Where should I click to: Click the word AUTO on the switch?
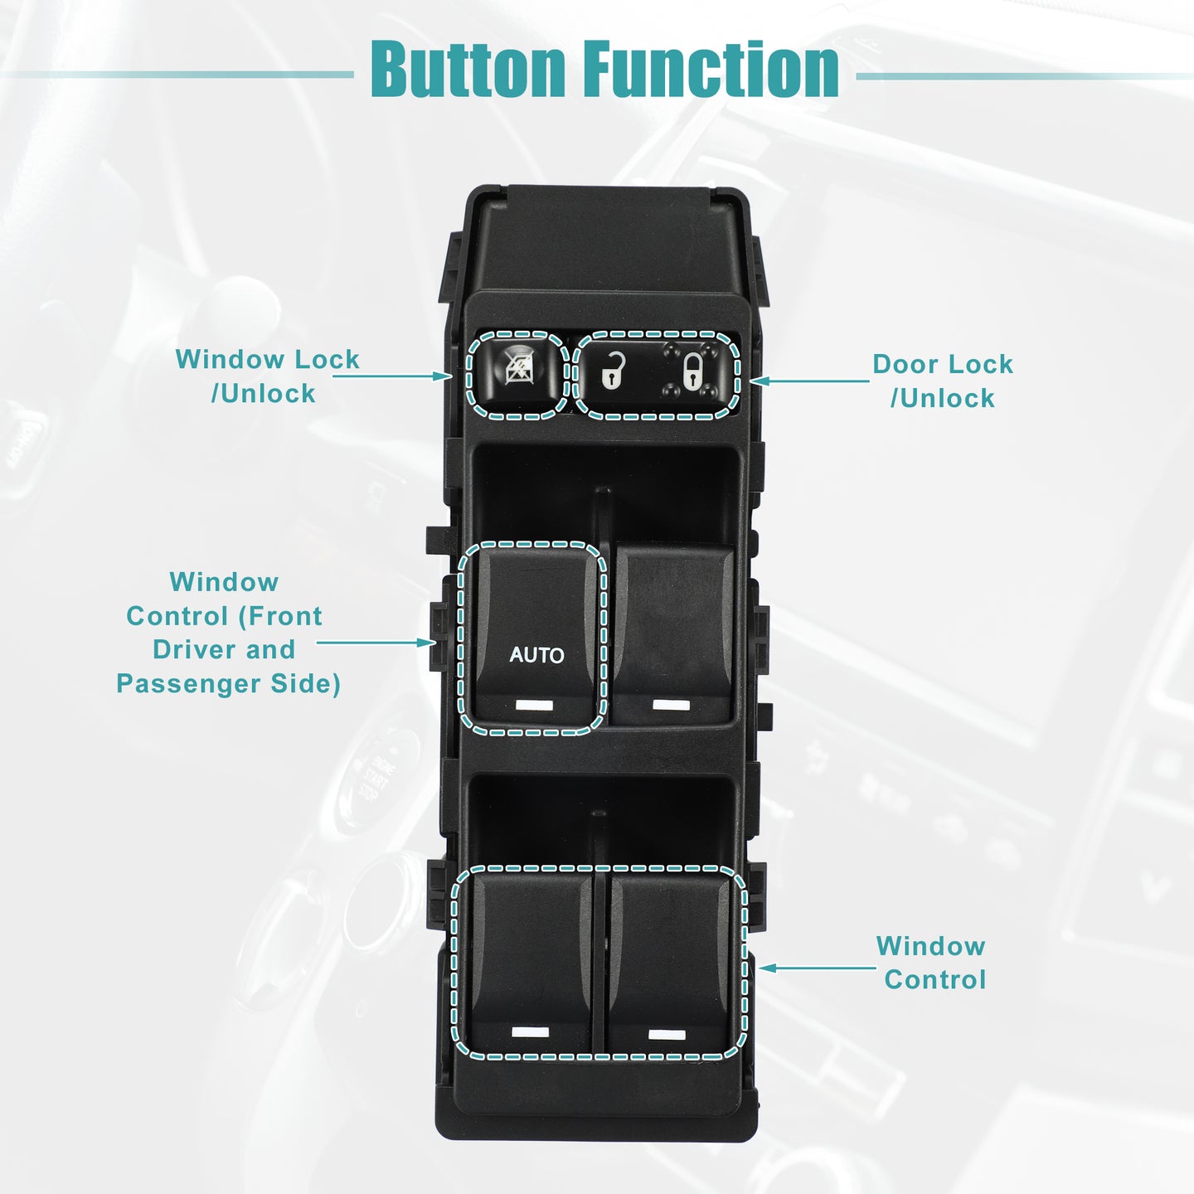point(536,655)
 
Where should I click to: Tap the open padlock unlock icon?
point(613,371)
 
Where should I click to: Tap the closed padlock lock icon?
point(692,371)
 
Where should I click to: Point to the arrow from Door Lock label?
point(809,381)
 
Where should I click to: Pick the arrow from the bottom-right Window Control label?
point(818,968)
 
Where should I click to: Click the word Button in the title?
point(468,69)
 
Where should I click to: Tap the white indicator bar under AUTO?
point(534,705)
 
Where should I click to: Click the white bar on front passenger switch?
point(671,705)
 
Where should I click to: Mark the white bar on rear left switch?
point(531,1032)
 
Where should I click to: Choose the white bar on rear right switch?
point(667,1034)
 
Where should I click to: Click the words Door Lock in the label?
point(943,364)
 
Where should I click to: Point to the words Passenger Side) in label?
point(229,684)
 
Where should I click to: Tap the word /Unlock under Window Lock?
point(264,394)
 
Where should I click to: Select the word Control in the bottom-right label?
point(935,980)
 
